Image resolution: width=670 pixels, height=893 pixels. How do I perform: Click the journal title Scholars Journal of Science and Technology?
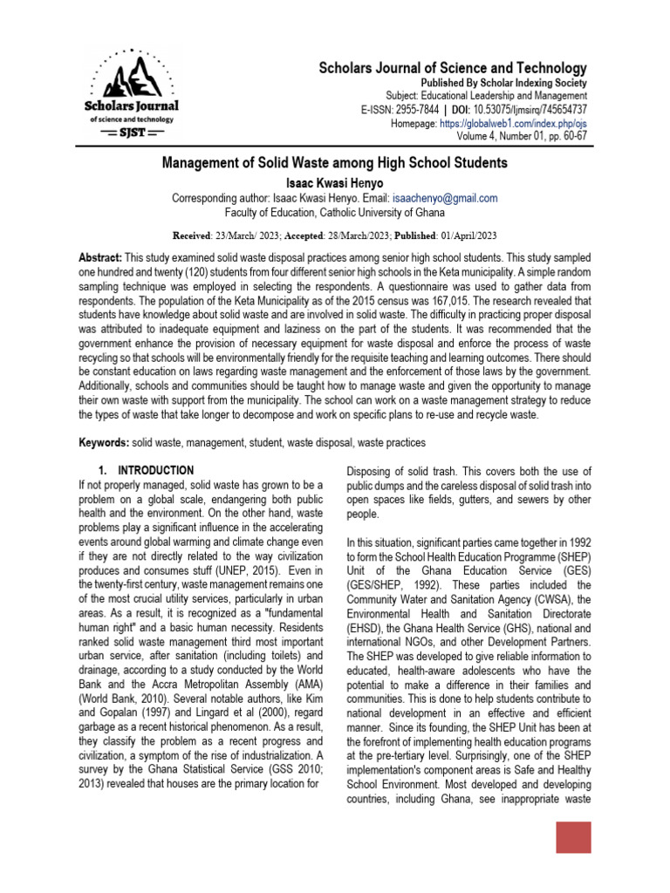(x=452, y=68)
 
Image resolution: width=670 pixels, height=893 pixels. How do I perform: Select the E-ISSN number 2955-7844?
(x=417, y=110)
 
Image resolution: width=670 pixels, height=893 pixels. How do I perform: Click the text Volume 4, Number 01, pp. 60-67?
(x=522, y=138)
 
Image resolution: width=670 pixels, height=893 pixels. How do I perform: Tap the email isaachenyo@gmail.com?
(x=446, y=198)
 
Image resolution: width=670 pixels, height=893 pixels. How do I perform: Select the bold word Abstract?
(x=100, y=261)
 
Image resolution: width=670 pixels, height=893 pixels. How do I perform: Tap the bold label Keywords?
(x=104, y=443)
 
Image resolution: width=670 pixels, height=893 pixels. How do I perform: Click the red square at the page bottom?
(x=573, y=837)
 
